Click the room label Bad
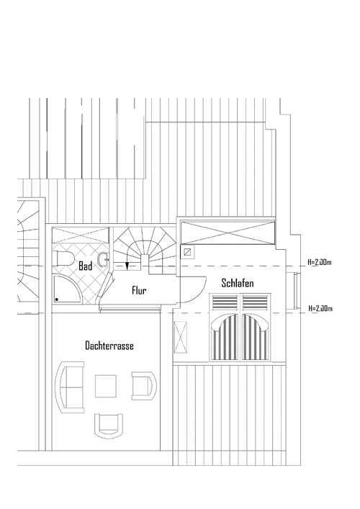point(86,266)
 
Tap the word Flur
point(139,290)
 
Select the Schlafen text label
point(238,283)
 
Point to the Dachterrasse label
point(109,346)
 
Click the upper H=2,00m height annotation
point(320,262)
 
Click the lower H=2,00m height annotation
point(320,308)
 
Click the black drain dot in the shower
point(57,299)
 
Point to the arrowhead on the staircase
point(127,266)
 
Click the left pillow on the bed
point(225,303)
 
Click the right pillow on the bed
point(255,303)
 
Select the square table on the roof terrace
point(106,386)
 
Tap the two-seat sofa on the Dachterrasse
point(70,387)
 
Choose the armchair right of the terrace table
point(144,386)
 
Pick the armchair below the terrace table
point(109,425)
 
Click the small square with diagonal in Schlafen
point(188,251)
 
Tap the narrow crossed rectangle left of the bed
point(181,337)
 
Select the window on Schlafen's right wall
point(295,291)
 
